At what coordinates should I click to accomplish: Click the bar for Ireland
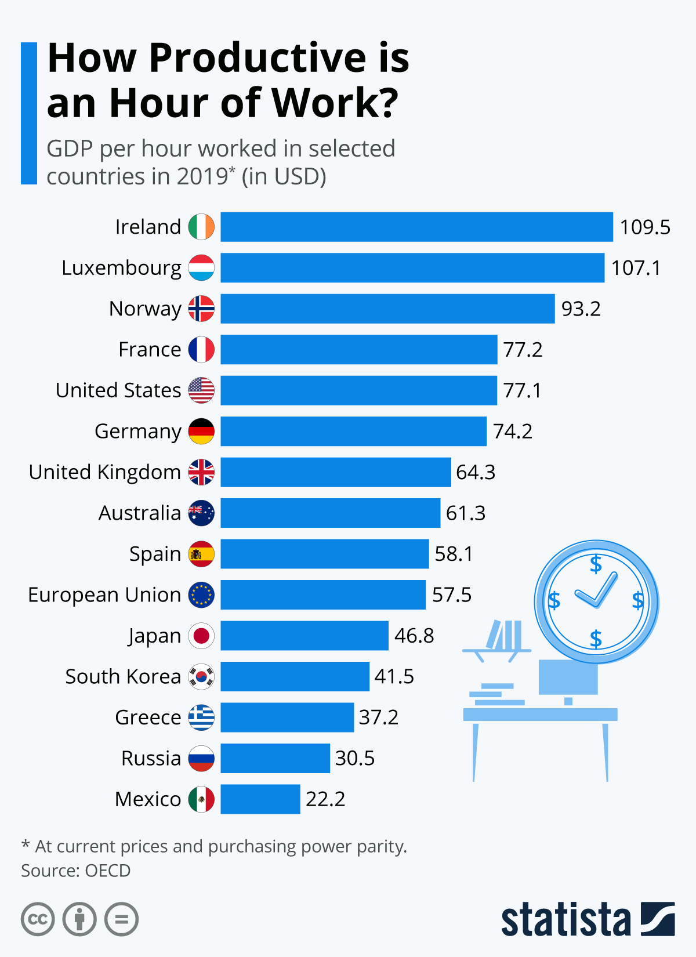[416, 227]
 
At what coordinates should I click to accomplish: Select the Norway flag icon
[201, 309]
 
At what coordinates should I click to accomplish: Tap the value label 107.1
[636, 268]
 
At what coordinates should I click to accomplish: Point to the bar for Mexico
[260, 799]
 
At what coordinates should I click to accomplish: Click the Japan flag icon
[201, 636]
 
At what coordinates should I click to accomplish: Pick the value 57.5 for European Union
[452, 595]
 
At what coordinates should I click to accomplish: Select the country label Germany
[138, 432]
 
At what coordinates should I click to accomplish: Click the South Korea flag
[201, 677]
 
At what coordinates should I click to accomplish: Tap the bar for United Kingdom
[335, 472]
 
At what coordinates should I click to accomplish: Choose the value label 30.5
[355, 759]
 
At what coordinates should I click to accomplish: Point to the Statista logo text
[565, 919]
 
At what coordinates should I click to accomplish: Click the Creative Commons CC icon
[38, 919]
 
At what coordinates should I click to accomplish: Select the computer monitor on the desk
[568, 677]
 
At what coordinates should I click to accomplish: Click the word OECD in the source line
[108, 871]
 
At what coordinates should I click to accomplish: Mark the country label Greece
[148, 717]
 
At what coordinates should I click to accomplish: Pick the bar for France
[358, 350]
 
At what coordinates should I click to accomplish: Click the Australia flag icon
[201, 513]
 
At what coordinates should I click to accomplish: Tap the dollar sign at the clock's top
[596, 564]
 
